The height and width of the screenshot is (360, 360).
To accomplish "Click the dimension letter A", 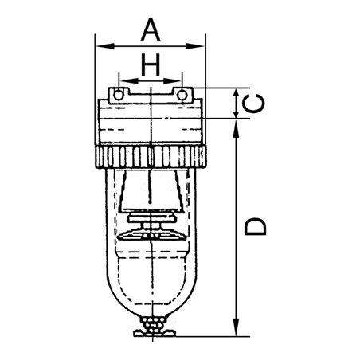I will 150,29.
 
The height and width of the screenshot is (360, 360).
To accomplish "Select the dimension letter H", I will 150,64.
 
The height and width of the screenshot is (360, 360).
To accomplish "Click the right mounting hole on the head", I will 182,96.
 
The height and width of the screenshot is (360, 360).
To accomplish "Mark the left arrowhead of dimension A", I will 99,45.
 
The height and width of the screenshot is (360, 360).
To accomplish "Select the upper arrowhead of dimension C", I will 237,91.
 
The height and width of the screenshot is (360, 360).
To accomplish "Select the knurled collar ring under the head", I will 150,157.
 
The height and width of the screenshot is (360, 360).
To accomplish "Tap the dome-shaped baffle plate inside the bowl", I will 150,233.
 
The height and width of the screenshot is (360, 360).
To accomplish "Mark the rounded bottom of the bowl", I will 150,299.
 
